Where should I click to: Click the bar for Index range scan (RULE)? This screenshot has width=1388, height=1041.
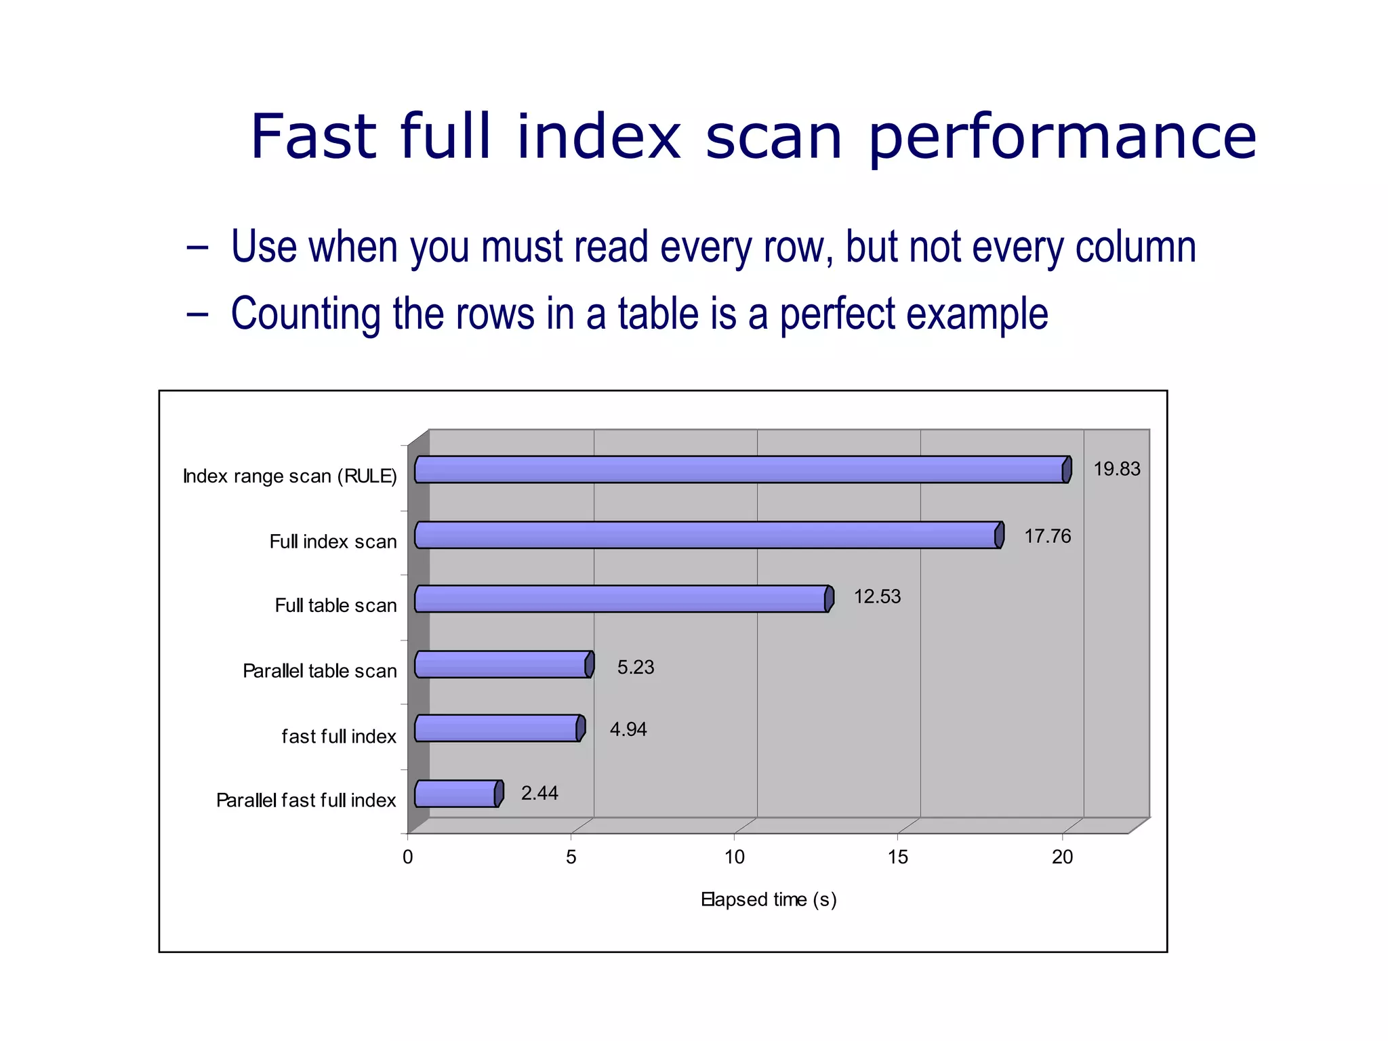[742, 470]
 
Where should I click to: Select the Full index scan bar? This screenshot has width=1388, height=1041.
[708, 535]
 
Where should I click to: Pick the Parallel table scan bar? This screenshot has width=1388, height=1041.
[504, 664]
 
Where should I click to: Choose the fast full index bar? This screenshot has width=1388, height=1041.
[499, 729]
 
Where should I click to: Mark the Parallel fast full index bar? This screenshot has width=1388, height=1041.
[458, 794]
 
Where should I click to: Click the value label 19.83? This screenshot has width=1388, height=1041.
[1116, 469]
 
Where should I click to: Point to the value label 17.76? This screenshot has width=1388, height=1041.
[1047, 536]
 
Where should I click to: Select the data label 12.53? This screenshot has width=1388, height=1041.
[877, 596]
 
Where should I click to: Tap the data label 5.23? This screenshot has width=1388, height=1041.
[635, 667]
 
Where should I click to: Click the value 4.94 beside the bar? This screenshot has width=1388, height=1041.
[628, 729]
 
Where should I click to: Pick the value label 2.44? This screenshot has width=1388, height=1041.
[539, 793]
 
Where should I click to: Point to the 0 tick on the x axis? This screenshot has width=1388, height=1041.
[407, 857]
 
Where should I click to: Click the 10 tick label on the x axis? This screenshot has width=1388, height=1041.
[734, 857]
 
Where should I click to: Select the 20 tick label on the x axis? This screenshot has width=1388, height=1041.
[1062, 857]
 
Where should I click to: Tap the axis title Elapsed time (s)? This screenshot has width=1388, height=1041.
[769, 899]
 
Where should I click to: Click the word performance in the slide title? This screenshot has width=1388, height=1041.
[1062, 138]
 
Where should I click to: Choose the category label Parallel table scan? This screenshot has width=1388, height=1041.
[319, 671]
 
